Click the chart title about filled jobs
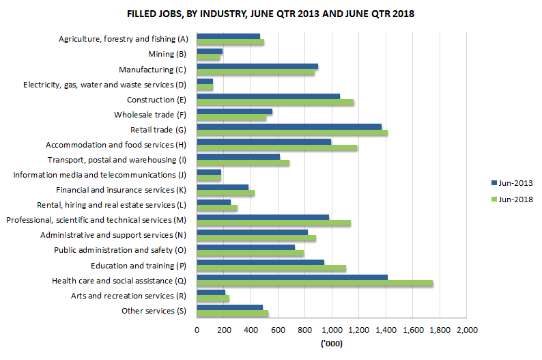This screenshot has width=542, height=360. coord(270,14)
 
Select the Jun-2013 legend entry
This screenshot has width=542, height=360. coord(508,183)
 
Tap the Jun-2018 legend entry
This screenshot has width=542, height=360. coord(508,199)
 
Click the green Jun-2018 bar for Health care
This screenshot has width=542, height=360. coord(315,283)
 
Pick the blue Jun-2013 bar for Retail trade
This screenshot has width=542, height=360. coord(289,126)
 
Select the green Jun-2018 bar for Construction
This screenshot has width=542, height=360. coord(275,102)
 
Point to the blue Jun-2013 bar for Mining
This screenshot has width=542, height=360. coord(210,51)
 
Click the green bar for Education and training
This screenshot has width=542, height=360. coord(271,268)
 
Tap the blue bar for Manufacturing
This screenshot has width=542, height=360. coord(257,66)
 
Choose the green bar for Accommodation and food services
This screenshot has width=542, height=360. coord(276,148)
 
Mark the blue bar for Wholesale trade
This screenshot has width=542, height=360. coord(234,111)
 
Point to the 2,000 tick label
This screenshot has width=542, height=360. coord(466,330)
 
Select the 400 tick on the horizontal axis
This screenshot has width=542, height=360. coord(251,330)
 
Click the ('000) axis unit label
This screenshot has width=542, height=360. coord(331,344)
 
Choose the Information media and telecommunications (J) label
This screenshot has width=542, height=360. coord(99,175)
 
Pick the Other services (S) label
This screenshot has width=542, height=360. coord(154,311)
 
